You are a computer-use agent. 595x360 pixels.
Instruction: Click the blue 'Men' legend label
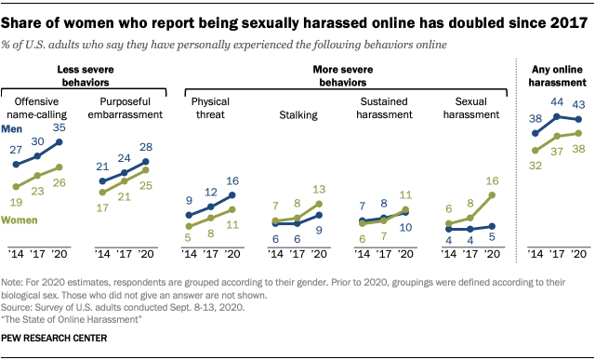pyautogui.click(x=12, y=129)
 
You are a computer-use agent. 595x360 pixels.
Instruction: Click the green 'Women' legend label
pyautogui.click(x=20, y=220)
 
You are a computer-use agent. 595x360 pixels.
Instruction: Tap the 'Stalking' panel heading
pyautogui.click(x=298, y=115)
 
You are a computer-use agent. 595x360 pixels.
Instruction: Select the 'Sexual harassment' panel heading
pyautogui.click(x=471, y=108)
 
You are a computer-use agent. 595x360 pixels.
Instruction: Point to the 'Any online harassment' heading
pyautogui.click(x=557, y=76)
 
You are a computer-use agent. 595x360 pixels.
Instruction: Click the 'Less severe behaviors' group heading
pyautogui.click(x=86, y=76)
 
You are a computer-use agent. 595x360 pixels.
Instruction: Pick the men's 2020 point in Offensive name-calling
pyautogui.click(x=59, y=142)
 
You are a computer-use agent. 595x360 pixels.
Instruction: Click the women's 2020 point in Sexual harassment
pyautogui.click(x=492, y=195)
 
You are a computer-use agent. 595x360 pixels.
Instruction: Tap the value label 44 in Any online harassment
pyautogui.click(x=557, y=102)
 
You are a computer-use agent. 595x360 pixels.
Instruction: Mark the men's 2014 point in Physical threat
pyautogui.click(x=189, y=215)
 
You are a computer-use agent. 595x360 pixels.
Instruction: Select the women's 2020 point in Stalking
pyautogui.click(x=319, y=204)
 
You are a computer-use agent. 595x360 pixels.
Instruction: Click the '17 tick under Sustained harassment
pyautogui.click(x=384, y=254)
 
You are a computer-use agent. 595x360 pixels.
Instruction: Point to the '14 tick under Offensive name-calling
pyautogui.click(x=16, y=254)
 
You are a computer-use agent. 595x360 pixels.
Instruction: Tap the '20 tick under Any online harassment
pyautogui.click(x=578, y=254)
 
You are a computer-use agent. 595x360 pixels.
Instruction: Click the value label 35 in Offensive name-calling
pyautogui.click(x=59, y=127)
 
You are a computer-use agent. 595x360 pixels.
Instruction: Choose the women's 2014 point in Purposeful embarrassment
pyautogui.click(x=102, y=193)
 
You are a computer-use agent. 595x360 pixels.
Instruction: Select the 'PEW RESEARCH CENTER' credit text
pyautogui.click(x=54, y=338)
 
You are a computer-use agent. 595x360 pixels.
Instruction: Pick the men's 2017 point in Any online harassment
pyautogui.click(x=557, y=116)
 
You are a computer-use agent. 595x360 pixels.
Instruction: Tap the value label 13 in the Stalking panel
pyautogui.click(x=319, y=190)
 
